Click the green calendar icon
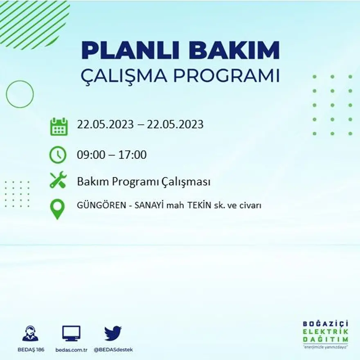tap(59, 126)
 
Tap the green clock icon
tap(58, 155)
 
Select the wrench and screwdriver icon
tap(58, 180)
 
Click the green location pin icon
tap(57, 208)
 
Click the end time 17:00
tap(132, 155)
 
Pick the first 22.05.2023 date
tap(105, 124)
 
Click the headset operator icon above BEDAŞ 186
tap(30, 333)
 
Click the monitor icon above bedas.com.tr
tap(71, 333)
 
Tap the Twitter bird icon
tap(113, 333)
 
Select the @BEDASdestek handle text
tap(113, 350)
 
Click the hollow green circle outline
tap(20, 94)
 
